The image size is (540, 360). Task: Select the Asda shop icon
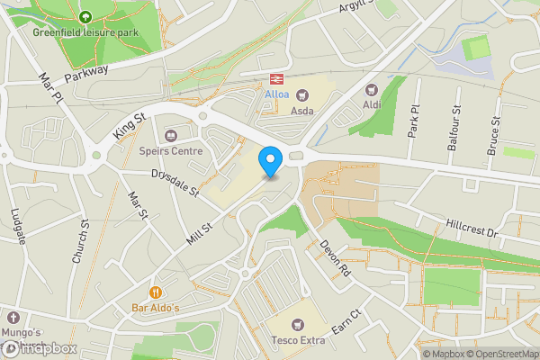(302, 94)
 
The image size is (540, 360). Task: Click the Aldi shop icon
(371, 89)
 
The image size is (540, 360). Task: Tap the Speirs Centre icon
(171, 135)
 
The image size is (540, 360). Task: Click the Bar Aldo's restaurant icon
(156, 292)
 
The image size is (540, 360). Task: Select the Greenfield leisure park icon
(85, 16)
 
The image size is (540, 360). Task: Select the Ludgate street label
(19, 226)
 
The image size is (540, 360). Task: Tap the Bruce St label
(493, 136)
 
